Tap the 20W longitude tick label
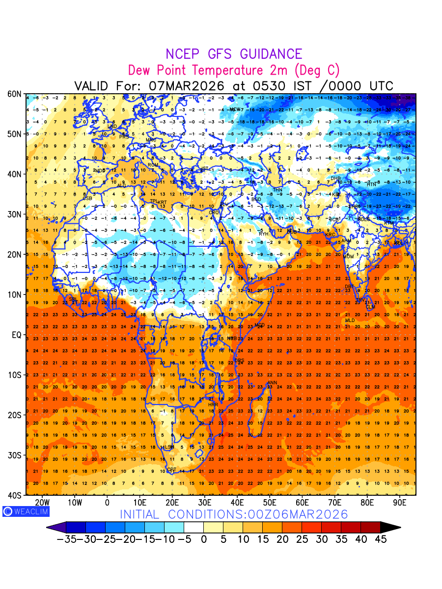(x=43, y=503)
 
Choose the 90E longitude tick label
(x=400, y=503)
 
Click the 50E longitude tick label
(x=270, y=503)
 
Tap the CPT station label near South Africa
(x=171, y=470)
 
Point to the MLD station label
(x=350, y=321)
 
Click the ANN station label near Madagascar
(x=272, y=383)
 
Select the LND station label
(x=112, y=127)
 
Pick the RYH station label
(x=264, y=234)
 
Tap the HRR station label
(x=213, y=404)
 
